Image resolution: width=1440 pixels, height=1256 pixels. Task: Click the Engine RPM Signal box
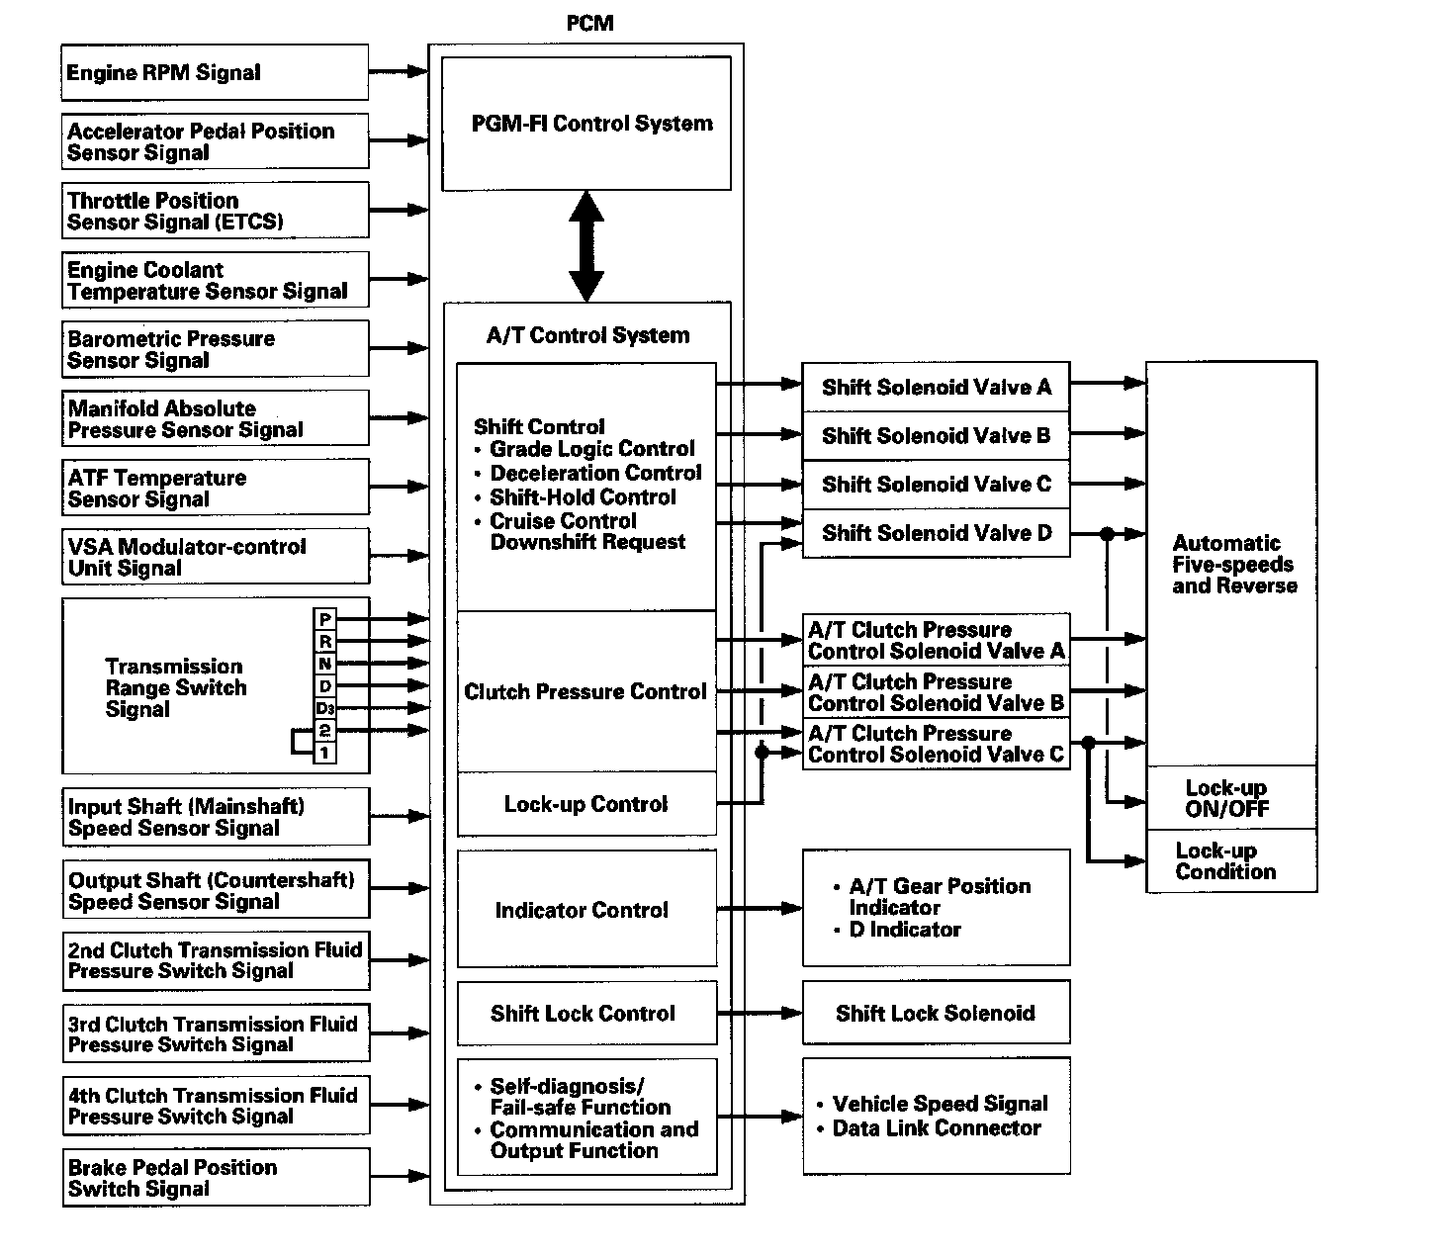[214, 72]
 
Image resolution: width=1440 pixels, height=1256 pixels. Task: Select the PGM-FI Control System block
[585, 124]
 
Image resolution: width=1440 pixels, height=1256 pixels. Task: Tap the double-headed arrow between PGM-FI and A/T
[585, 245]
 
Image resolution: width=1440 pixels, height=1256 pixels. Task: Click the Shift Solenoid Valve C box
[936, 485]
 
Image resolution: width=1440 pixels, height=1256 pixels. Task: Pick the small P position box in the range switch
[325, 620]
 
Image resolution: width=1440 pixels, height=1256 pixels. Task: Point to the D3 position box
[325, 708]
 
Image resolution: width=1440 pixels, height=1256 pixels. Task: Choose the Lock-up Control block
[585, 804]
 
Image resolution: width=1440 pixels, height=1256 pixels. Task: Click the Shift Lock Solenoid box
[936, 1013]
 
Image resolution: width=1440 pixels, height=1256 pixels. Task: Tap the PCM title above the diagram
[589, 23]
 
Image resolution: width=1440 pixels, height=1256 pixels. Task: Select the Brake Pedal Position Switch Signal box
[216, 1177]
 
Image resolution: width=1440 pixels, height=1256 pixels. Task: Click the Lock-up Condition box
[1230, 861]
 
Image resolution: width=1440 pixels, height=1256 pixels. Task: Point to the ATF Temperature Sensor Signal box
[216, 488]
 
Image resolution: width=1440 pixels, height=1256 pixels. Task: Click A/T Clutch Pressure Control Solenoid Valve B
[936, 692]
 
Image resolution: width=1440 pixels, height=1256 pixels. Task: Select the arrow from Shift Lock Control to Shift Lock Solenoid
[760, 1013]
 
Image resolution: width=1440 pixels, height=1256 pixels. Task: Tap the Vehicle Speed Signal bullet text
[940, 1104]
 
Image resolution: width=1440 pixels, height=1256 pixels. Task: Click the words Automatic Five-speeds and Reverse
[1232, 564]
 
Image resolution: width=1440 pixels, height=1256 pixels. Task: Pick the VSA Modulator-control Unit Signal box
[216, 557]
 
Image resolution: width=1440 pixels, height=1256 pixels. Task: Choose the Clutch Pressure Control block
[585, 691]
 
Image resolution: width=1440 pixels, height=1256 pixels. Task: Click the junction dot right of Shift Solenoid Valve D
[1108, 534]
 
